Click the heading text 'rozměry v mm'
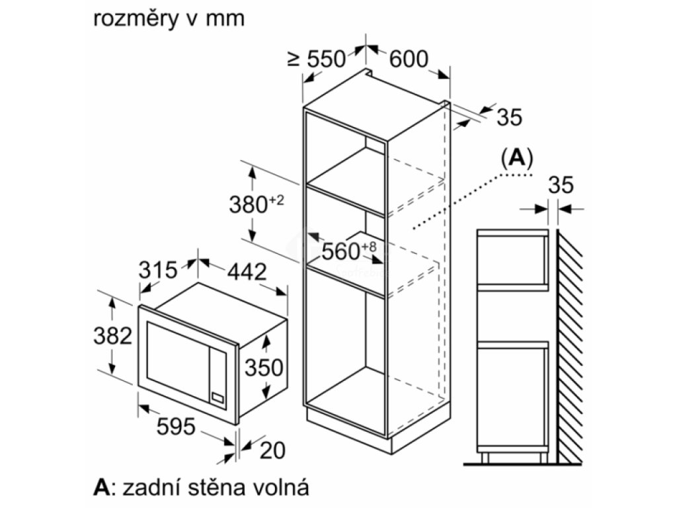tap(169, 19)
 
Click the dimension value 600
tap(408, 59)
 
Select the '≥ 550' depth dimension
tap(317, 59)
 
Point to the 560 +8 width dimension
tap(349, 251)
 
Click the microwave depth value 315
tap(158, 270)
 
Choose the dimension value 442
tap(246, 271)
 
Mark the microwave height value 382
tap(111, 336)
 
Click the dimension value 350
tap(263, 367)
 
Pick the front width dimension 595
tap(175, 427)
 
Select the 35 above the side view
tap(561, 185)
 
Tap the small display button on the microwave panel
tap(217, 397)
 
